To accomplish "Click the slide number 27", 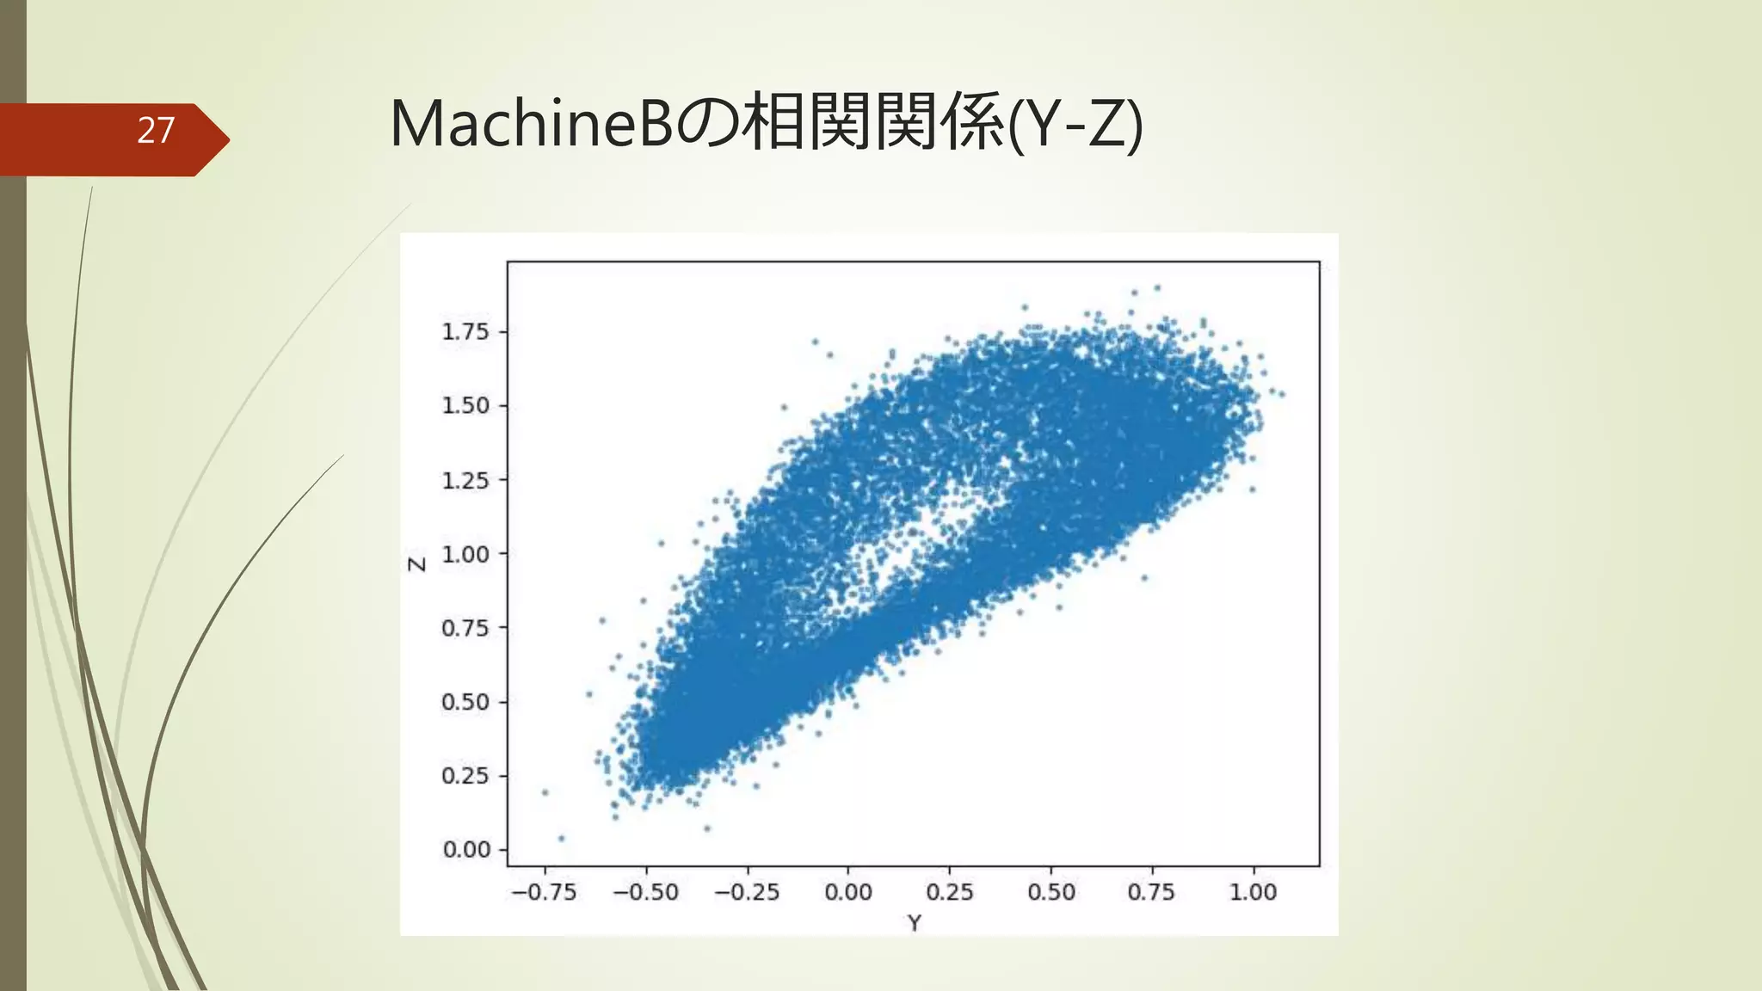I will click(156, 131).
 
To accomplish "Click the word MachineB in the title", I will click(530, 124).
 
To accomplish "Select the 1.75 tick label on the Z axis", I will click(465, 332).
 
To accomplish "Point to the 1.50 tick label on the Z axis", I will click(465, 405).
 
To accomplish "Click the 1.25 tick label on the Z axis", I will click(465, 480).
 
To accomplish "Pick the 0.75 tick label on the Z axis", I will click(465, 628).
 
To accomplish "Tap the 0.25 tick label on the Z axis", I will click(465, 776).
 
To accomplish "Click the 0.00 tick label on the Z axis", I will click(465, 850).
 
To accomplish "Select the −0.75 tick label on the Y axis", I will click(544, 892).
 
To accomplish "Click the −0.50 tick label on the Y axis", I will click(645, 892).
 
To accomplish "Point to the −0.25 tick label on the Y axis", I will click(747, 892).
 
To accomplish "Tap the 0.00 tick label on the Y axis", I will click(848, 892).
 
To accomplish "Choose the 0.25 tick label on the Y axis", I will click(950, 892).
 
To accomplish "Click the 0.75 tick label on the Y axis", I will click(1151, 892).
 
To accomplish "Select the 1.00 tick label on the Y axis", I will click(1253, 892).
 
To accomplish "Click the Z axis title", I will click(417, 564).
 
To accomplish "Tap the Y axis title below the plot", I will click(914, 923).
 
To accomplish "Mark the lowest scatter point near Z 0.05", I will click(562, 838).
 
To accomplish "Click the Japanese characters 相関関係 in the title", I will click(874, 124).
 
